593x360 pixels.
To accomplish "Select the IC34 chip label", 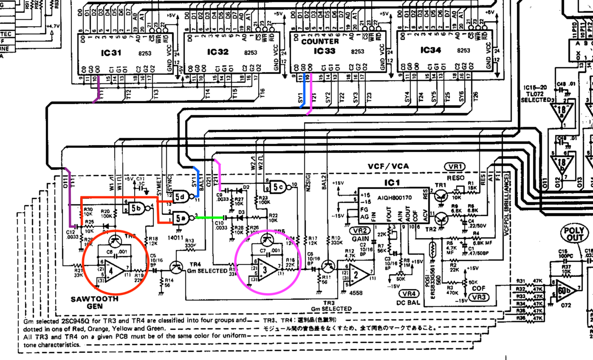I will [430, 50].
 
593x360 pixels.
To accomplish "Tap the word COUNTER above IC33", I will [320, 42].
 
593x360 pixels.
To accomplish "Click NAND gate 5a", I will [181, 218].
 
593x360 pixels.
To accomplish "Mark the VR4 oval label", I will [409, 293].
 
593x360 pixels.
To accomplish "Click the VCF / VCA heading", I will [389, 166].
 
